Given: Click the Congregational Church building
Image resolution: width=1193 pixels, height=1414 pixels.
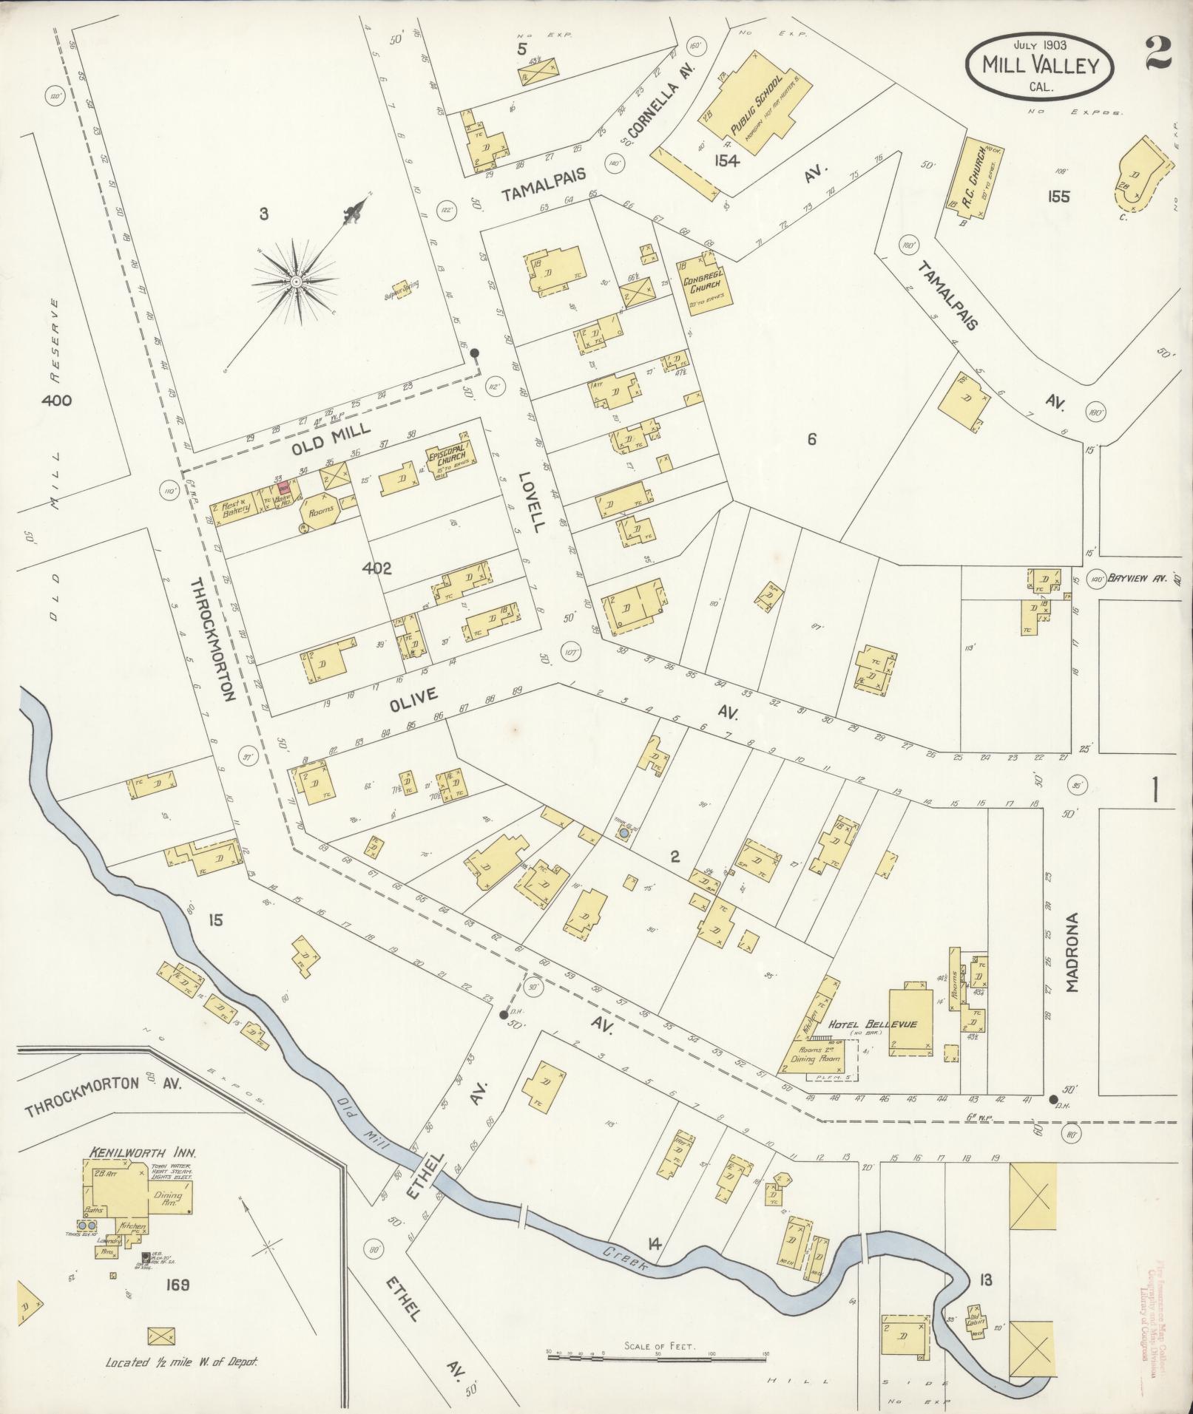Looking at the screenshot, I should pos(703,285).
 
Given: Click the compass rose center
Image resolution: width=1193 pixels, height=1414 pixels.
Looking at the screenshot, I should pos(296,281).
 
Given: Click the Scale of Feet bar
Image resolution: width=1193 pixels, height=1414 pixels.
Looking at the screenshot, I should pos(657,1355).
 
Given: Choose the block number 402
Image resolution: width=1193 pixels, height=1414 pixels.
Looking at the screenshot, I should pos(376,568).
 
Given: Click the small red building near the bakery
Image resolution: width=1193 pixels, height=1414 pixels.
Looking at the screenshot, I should pos(283,489).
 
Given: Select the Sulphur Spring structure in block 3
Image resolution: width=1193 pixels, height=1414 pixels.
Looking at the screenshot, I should pos(400,288).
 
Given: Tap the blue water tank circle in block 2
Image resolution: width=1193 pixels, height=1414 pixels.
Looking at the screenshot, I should pos(623,832).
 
